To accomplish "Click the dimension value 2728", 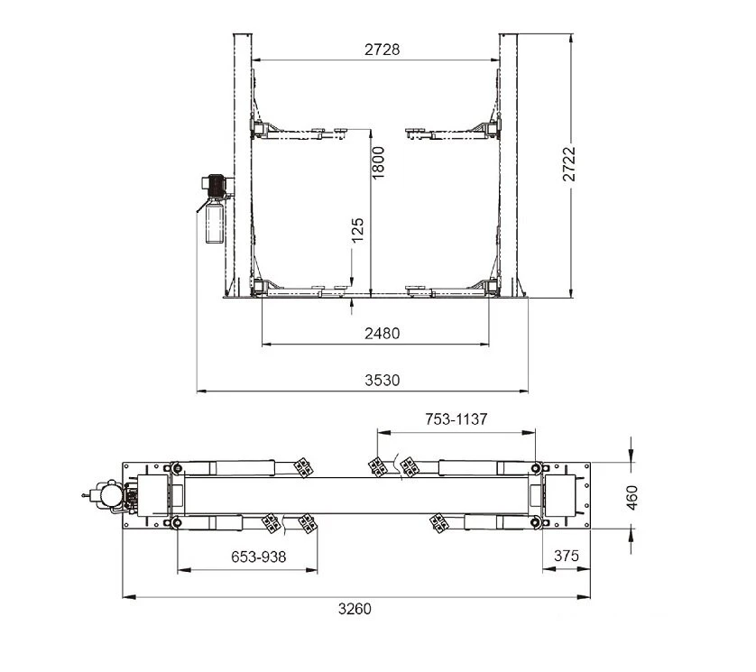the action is coord(382,50).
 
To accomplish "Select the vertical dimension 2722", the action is coord(569,163).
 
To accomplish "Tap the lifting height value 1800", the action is coord(379,163).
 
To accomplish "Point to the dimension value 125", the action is coord(357,230).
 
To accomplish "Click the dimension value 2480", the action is coord(382,333).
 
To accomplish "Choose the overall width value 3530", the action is coord(382,381).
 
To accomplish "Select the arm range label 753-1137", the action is coord(456,419).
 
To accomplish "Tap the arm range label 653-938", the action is coord(258,557).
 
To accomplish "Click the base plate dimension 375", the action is coord(566,556).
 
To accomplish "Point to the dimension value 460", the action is coord(632,498).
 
